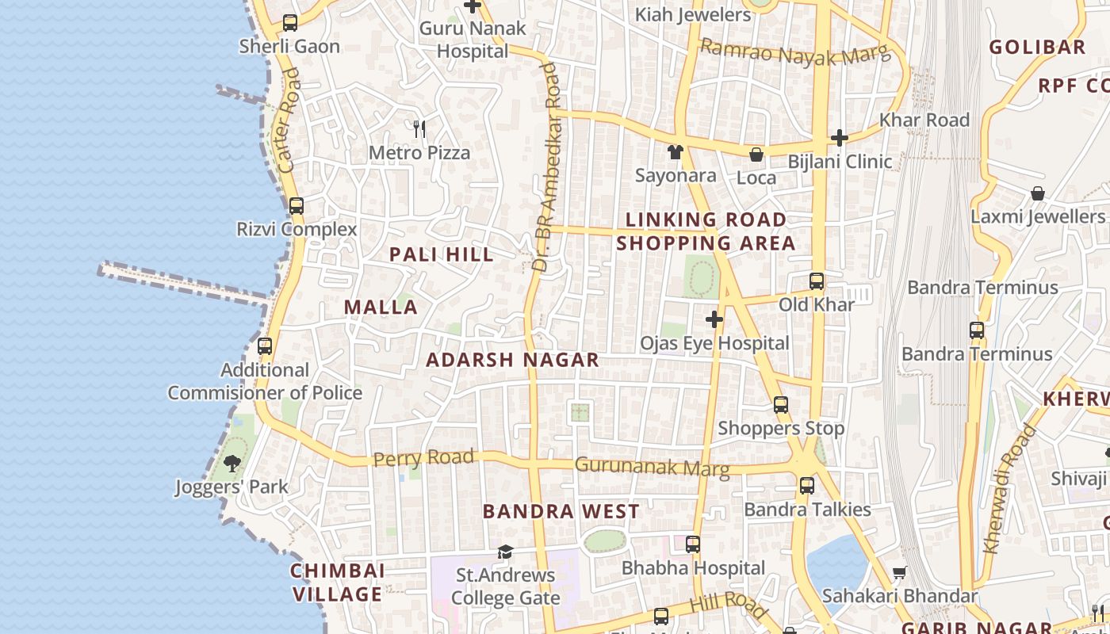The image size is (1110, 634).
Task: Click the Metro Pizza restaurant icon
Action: tap(419, 128)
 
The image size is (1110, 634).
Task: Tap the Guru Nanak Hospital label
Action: tap(473, 40)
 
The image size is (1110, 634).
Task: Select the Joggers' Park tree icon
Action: tap(232, 463)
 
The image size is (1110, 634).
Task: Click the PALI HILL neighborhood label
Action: tap(442, 254)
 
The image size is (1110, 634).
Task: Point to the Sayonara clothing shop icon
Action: tap(675, 151)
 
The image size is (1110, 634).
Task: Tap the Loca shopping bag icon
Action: tap(756, 154)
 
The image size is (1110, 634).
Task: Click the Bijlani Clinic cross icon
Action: tap(840, 138)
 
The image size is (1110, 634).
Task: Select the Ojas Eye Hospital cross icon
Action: tap(714, 319)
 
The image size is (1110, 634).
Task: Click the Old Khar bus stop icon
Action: tap(817, 281)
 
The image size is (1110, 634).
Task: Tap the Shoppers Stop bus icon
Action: tap(781, 405)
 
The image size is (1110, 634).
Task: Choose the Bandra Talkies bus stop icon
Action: tap(807, 486)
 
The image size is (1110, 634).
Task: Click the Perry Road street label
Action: tap(423, 458)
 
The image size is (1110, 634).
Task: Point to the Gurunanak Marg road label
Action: tap(652, 467)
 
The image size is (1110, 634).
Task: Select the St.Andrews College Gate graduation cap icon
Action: tap(505, 552)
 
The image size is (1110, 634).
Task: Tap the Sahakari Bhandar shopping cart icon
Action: tap(899, 572)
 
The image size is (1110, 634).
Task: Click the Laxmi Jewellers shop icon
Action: tap(1037, 193)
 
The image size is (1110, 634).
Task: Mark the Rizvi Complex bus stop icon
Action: tap(297, 206)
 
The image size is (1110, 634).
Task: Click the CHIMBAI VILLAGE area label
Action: tap(338, 582)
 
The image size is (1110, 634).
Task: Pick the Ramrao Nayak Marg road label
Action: tap(795, 53)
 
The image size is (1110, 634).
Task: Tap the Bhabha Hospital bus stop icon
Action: tap(693, 544)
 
